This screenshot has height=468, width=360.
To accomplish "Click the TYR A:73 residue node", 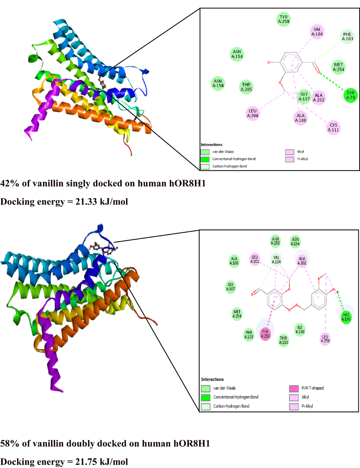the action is point(350,95).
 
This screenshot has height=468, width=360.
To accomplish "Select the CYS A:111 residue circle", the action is point(333,128).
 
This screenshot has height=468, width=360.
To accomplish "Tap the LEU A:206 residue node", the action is point(253,113).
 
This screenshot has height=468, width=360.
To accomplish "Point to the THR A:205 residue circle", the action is point(246,87).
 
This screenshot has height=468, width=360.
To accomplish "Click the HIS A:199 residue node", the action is point(346,317).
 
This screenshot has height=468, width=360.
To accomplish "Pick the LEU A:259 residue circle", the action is point(325,339).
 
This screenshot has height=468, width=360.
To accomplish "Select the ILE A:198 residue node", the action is point(300,330).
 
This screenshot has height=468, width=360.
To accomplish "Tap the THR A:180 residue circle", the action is point(283,340).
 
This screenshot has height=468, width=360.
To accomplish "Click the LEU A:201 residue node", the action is point(255,259).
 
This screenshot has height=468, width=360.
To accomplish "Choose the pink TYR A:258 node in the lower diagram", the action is point(265,334).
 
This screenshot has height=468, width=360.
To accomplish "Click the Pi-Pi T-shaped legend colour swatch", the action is point(294,388).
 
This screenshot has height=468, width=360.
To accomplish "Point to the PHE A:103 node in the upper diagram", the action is point(347,37).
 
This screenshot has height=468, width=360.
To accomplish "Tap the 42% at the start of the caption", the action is point(10,183).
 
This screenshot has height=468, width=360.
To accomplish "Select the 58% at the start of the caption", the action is point(10,443).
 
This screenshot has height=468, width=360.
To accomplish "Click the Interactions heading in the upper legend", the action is point(211,145).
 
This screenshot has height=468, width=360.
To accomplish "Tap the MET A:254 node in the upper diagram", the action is point(338,67).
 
